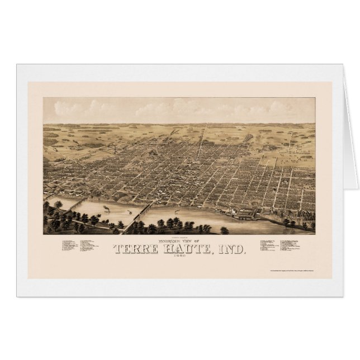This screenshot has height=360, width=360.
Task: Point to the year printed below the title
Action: pyautogui.click(x=179, y=258)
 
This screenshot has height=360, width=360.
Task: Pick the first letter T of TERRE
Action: pyautogui.click(x=118, y=249)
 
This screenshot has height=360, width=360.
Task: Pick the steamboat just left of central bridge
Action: pyautogui.click(x=131, y=213)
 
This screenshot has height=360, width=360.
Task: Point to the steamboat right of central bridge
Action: pyautogui.click(x=173, y=211)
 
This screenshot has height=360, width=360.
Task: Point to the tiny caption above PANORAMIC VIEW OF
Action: pyautogui.click(x=179, y=235)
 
